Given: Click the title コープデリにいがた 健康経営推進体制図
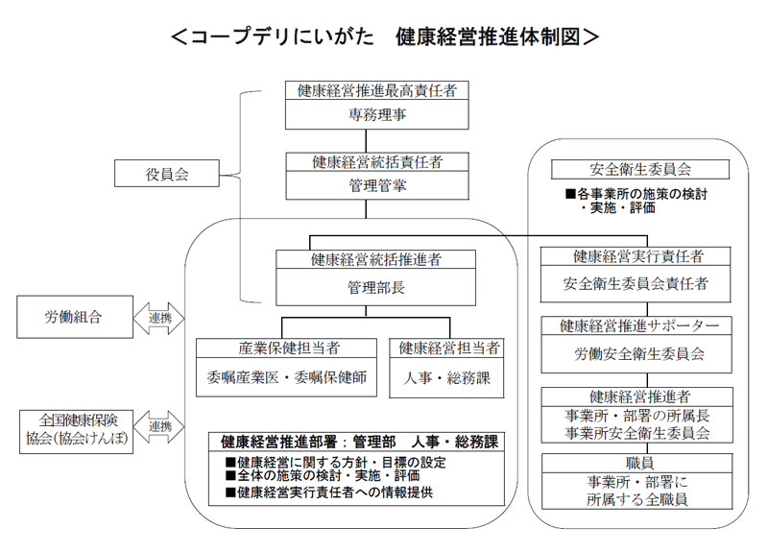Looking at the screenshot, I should [x=384, y=36].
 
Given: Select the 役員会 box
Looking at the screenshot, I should [x=168, y=174].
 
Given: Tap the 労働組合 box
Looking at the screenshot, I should [x=73, y=316].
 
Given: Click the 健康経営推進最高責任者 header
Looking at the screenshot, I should [x=376, y=91].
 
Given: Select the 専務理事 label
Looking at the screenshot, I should [x=376, y=114].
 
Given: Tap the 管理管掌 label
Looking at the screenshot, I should [x=376, y=185].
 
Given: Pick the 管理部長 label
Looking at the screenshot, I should [x=376, y=286].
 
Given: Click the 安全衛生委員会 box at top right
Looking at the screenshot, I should [x=639, y=169].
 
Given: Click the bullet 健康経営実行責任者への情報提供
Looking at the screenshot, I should [x=328, y=492].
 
